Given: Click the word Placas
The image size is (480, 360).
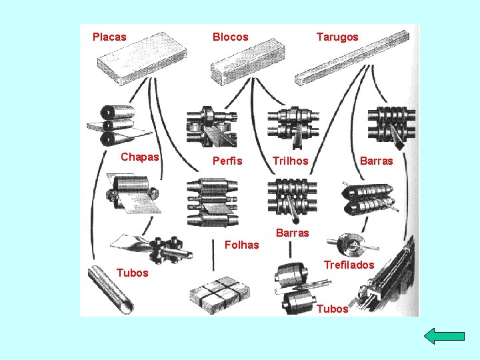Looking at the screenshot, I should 109,37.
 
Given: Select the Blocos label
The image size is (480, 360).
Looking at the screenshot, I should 230,37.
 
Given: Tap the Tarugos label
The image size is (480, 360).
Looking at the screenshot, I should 337,37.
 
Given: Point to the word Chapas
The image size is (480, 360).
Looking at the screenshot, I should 140,157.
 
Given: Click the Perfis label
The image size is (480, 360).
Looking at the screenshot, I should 227,161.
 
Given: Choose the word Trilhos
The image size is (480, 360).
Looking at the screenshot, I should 291,161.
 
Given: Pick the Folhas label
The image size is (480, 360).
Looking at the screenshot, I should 242,245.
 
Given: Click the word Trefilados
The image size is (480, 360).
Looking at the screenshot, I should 349,265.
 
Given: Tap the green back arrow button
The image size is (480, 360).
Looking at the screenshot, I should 444,336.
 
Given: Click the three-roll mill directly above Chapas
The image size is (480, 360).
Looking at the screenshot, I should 110,125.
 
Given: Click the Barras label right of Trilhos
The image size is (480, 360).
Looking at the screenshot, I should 377,161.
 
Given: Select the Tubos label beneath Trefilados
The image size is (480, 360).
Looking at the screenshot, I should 332,309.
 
